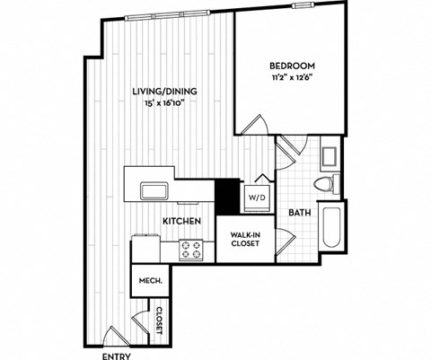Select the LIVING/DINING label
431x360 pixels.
[x=165, y=92]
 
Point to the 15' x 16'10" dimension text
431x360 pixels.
[x=165, y=104]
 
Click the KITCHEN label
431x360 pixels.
[x=180, y=221]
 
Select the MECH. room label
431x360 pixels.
[x=149, y=282]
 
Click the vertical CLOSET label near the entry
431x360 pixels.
[x=159, y=319]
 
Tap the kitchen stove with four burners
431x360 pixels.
[x=191, y=249]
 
